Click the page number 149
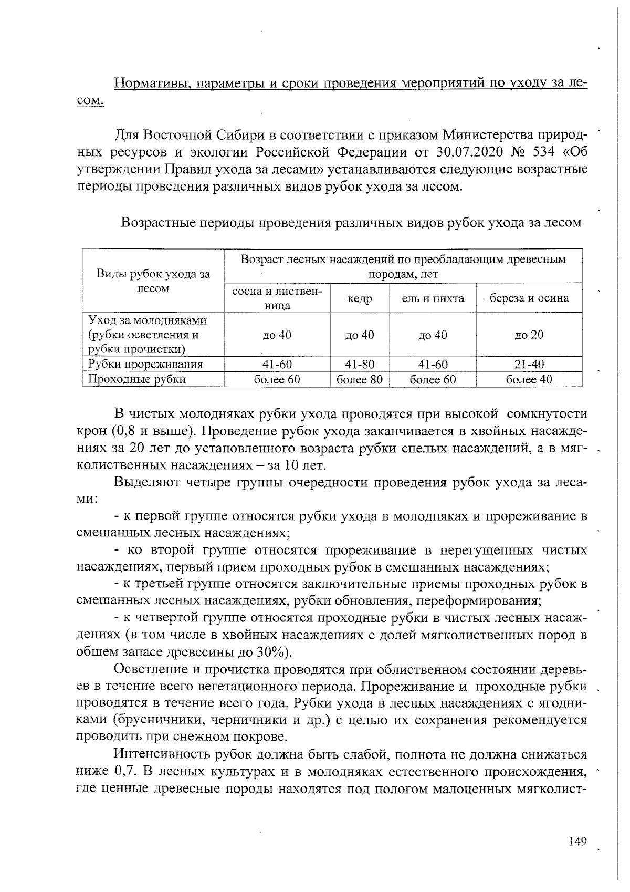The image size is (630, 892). [x=577, y=842]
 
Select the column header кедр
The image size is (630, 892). [x=360, y=298]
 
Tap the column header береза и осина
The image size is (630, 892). [x=529, y=298]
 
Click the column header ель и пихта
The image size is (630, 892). [x=433, y=298]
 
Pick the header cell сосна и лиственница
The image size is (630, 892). [x=277, y=298]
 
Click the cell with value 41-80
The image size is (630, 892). [x=360, y=364]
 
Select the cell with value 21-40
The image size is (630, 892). [x=529, y=364]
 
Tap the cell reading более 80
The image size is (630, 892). [x=360, y=379]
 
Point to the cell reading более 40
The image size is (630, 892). [x=529, y=379]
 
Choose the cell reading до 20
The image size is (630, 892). [x=529, y=335]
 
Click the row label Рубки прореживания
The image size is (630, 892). [x=145, y=364]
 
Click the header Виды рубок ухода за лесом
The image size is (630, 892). [x=153, y=281]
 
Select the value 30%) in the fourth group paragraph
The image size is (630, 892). [x=273, y=652]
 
